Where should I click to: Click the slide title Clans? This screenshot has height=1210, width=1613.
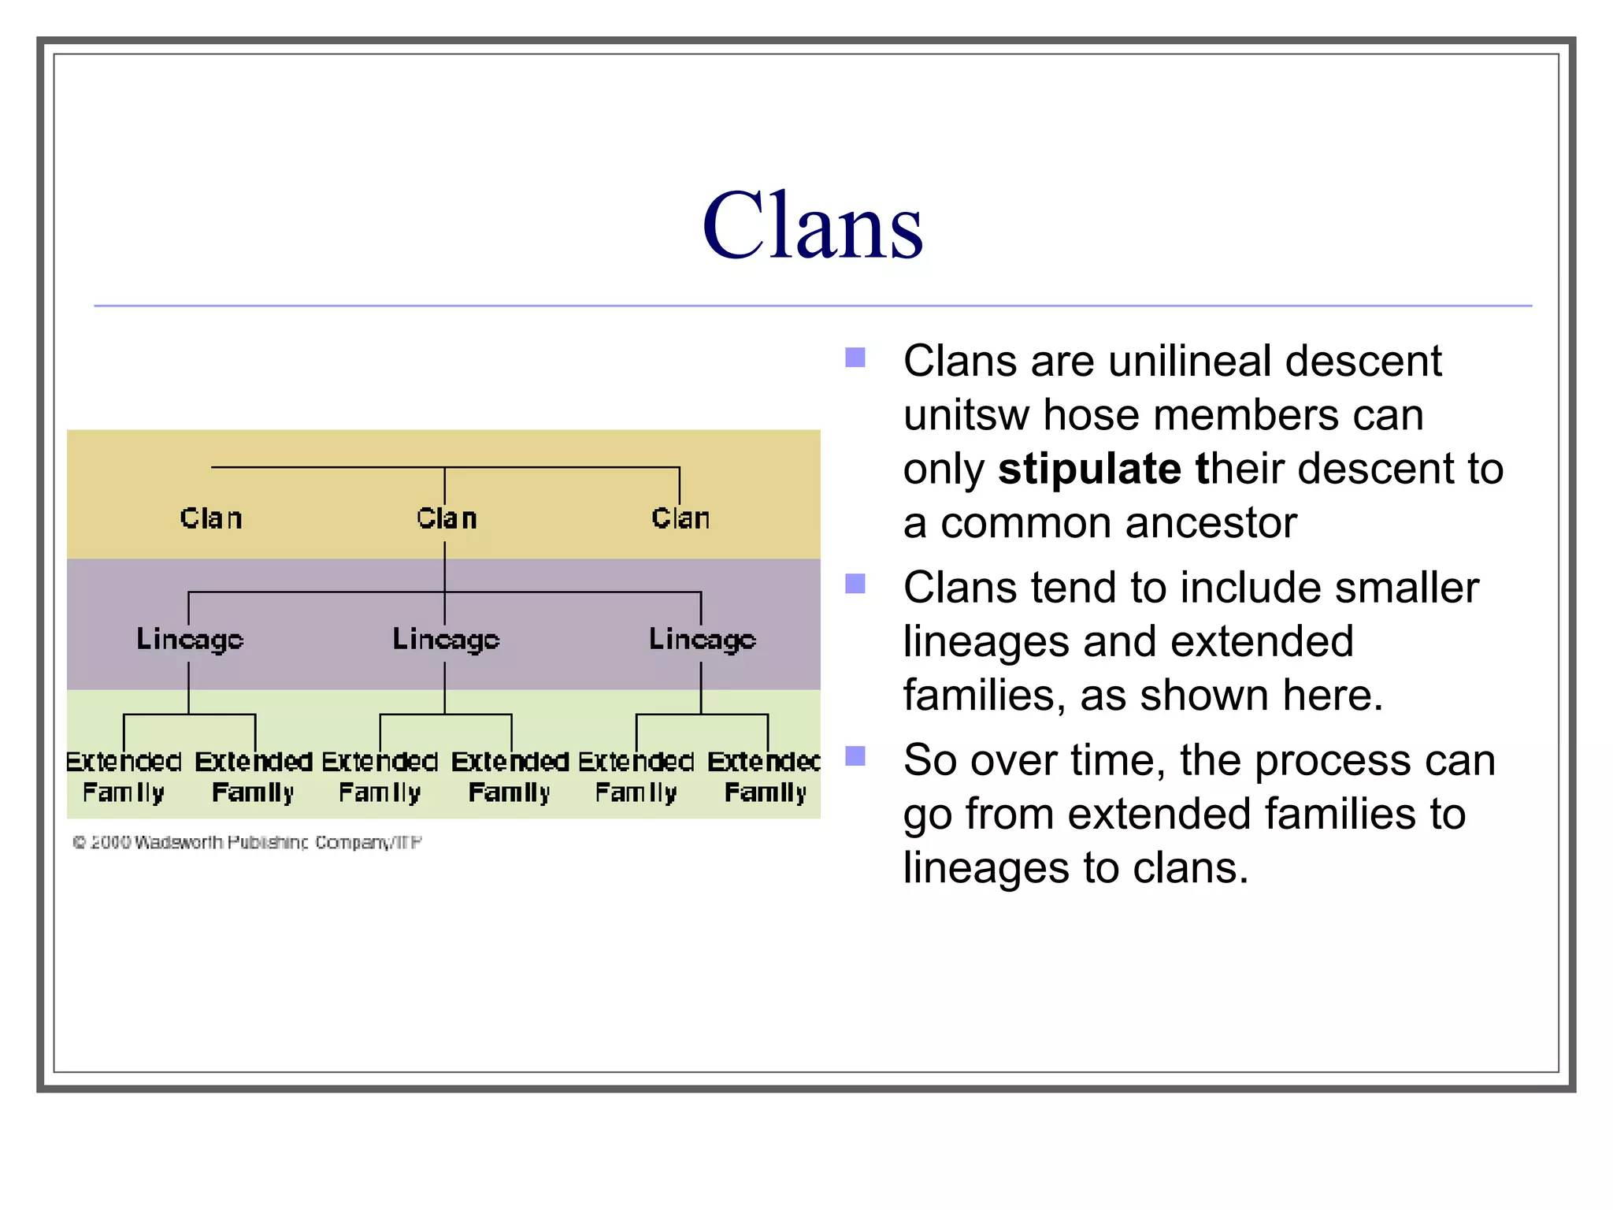[x=812, y=226]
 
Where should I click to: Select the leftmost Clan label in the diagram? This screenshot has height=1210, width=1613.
[x=210, y=518]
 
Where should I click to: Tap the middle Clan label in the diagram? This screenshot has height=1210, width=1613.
[x=447, y=518]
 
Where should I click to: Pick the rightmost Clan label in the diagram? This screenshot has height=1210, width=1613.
[x=680, y=518]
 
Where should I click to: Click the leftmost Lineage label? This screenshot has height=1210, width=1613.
[x=190, y=639]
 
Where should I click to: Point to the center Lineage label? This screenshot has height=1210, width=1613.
[x=446, y=639]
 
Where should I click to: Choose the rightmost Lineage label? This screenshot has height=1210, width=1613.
[x=702, y=639]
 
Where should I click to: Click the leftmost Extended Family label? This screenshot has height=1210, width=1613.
[x=124, y=777]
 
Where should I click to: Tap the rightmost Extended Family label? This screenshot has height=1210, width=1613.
[x=765, y=777]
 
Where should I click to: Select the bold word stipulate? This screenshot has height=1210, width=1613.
[x=1088, y=470]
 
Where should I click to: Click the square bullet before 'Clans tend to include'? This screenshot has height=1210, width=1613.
[x=855, y=584]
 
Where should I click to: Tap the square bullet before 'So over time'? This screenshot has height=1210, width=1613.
[x=855, y=756]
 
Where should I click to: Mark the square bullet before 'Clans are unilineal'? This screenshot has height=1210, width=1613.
[x=855, y=358]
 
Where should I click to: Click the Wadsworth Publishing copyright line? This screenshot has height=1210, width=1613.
[x=247, y=843]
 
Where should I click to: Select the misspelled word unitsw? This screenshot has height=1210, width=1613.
[x=966, y=415]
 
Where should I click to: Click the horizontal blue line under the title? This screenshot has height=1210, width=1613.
[x=812, y=306]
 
